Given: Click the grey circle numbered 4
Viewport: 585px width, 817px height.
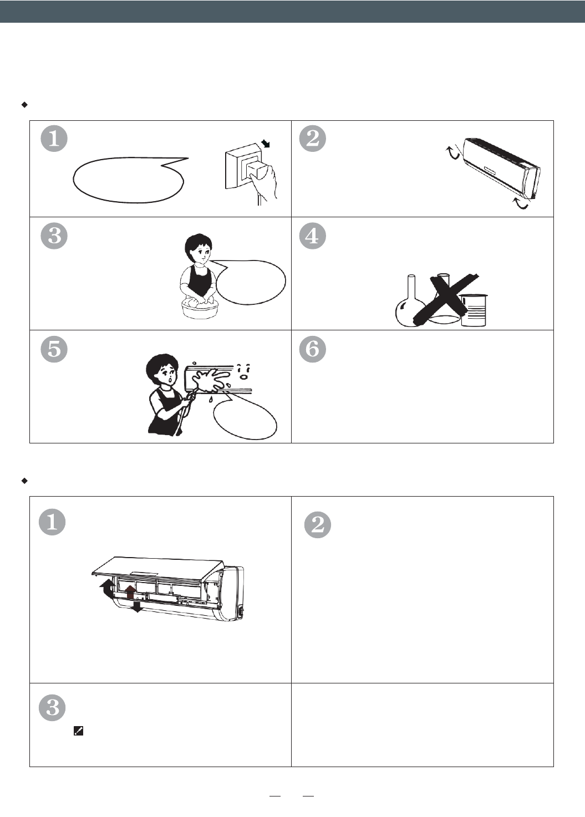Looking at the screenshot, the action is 312,236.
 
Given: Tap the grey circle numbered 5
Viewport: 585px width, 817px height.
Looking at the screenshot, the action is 54,349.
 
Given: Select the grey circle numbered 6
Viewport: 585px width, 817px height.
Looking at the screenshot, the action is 312,349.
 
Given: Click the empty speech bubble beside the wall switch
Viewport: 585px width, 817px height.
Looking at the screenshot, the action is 130,180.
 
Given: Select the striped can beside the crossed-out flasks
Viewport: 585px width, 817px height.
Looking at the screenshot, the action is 474,310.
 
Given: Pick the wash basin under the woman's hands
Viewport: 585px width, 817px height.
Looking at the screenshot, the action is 200,309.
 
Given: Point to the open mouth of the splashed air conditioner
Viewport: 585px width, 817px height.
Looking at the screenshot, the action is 243,377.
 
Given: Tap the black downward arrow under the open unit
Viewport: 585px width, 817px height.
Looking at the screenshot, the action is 137,606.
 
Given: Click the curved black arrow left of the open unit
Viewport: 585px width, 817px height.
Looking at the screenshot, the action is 107,589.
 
